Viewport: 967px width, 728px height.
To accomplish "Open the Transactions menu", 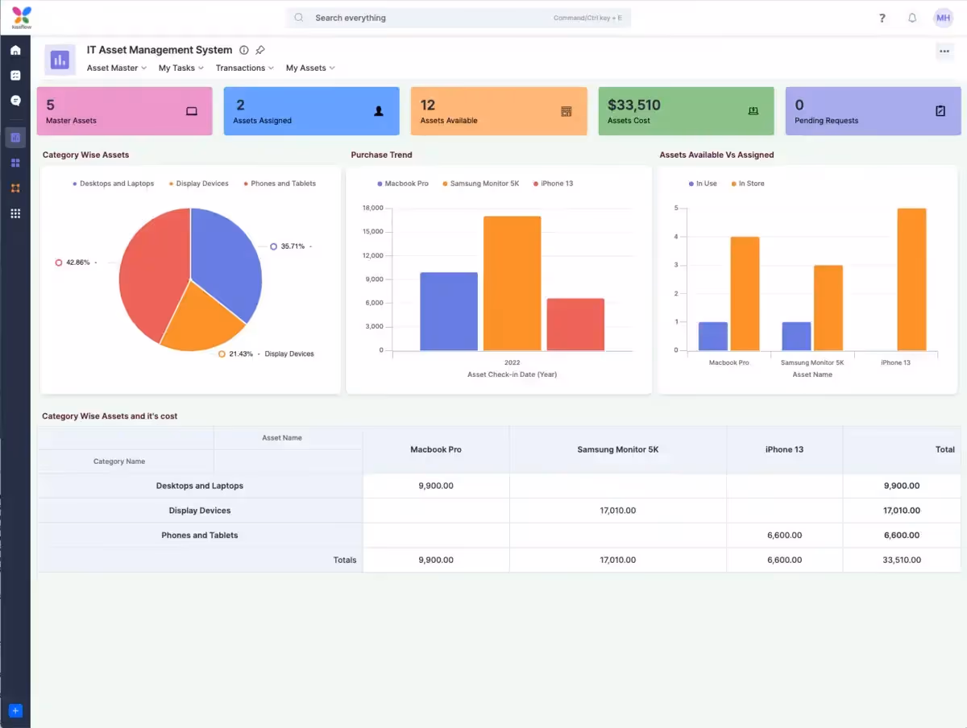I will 244,68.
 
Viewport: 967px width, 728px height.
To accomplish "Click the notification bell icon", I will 912,18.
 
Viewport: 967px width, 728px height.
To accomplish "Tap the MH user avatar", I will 943,18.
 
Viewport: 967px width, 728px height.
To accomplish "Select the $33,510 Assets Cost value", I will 633,105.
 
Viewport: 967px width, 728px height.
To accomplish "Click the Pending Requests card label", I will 826,121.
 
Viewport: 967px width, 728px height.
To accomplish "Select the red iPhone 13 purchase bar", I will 575,325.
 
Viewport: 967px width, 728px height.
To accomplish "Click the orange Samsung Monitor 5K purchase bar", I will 512,283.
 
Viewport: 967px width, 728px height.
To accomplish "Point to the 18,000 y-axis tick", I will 372,209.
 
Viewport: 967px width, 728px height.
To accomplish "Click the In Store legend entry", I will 751,184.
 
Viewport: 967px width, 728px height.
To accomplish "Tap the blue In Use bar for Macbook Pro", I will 712,336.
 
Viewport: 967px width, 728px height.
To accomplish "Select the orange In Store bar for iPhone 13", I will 911,279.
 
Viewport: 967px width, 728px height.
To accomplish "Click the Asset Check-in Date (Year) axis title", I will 512,374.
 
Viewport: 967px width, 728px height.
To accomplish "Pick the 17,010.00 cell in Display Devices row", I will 617,511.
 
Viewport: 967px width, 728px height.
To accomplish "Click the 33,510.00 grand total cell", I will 901,560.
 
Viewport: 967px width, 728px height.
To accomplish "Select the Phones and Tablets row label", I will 200,535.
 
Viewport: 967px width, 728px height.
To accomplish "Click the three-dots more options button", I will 944,51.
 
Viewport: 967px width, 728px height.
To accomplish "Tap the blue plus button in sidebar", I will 15,710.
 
